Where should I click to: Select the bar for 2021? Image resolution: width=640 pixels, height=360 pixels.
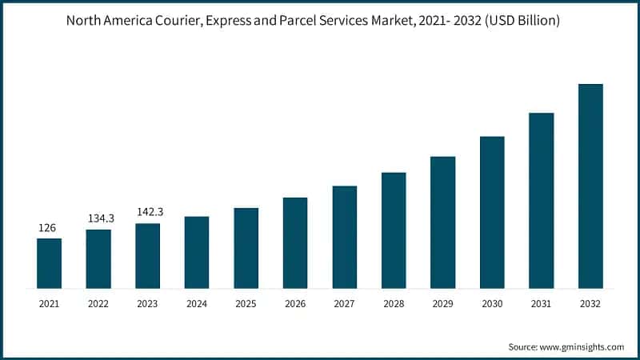point(49,263)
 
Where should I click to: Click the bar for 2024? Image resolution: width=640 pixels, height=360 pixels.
point(197,252)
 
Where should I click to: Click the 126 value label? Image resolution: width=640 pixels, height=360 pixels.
point(48,229)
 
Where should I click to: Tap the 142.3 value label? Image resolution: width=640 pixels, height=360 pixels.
point(148,213)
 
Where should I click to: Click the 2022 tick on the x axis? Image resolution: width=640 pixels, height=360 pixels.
point(98,304)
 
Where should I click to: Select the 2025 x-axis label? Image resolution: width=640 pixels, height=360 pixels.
point(246,304)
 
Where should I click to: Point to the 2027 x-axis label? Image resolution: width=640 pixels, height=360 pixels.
point(344,304)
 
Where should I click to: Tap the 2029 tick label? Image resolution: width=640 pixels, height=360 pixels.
point(442,304)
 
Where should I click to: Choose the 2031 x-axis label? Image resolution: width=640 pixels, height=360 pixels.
point(542,304)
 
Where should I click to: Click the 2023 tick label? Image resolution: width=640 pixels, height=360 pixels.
point(147,304)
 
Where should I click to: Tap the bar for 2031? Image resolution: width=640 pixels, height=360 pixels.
point(542,200)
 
